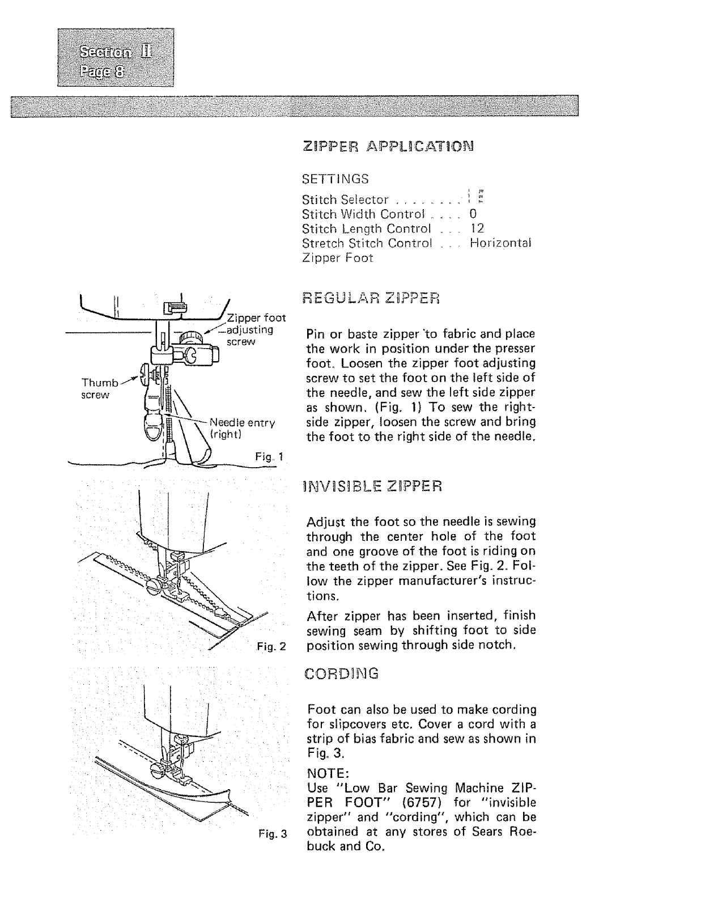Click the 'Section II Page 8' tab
coord(116,57)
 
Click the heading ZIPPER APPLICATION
coord(388,146)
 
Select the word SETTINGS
coord(335,179)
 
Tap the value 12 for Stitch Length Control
coord(477,228)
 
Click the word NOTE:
coord(326,773)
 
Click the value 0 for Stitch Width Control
coord(473,214)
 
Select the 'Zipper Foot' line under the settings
coord(338,258)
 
